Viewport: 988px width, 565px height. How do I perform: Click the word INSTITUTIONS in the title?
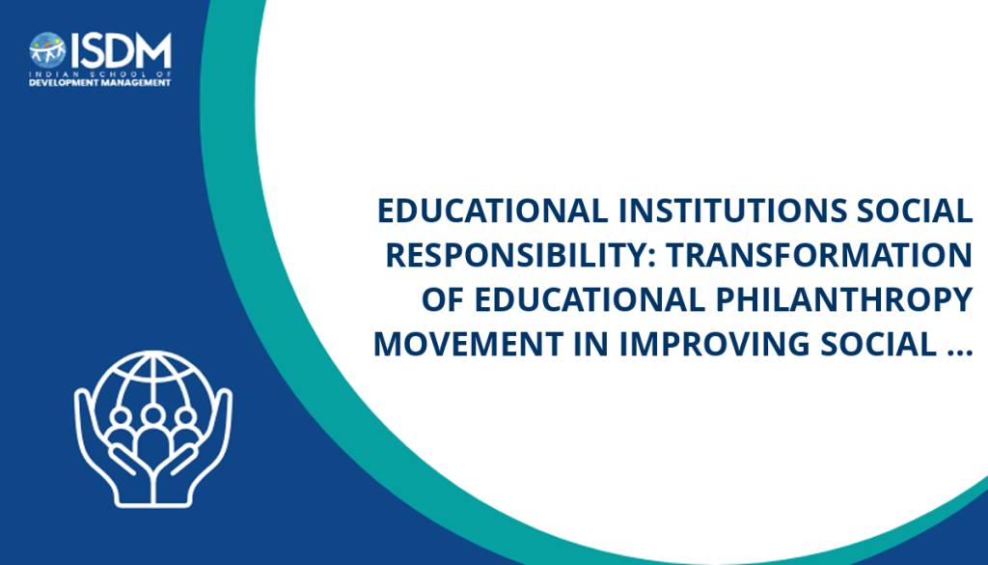click(x=733, y=211)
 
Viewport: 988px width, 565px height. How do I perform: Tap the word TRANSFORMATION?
click(x=819, y=255)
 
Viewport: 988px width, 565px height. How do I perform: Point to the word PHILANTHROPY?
click(x=844, y=299)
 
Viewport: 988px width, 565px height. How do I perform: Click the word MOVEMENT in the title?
click(x=468, y=344)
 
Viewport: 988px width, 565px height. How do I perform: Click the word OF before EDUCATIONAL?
click(x=444, y=299)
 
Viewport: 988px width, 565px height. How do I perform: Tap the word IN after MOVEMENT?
click(x=591, y=344)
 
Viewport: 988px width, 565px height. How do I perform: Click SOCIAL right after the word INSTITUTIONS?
click(x=915, y=211)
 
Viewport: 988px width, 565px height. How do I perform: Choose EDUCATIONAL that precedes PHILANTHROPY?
click(x=590, y=299)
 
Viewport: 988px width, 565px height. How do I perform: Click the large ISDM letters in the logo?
click(x=121, y=51)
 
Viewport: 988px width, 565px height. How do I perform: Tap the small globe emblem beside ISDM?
click(x=48, y=50)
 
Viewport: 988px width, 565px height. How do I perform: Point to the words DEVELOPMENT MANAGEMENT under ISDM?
click(x=100, y=83)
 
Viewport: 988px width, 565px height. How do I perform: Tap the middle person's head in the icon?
click(x=152, y=415)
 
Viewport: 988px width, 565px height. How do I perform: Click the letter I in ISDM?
click(x=74, y=51)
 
